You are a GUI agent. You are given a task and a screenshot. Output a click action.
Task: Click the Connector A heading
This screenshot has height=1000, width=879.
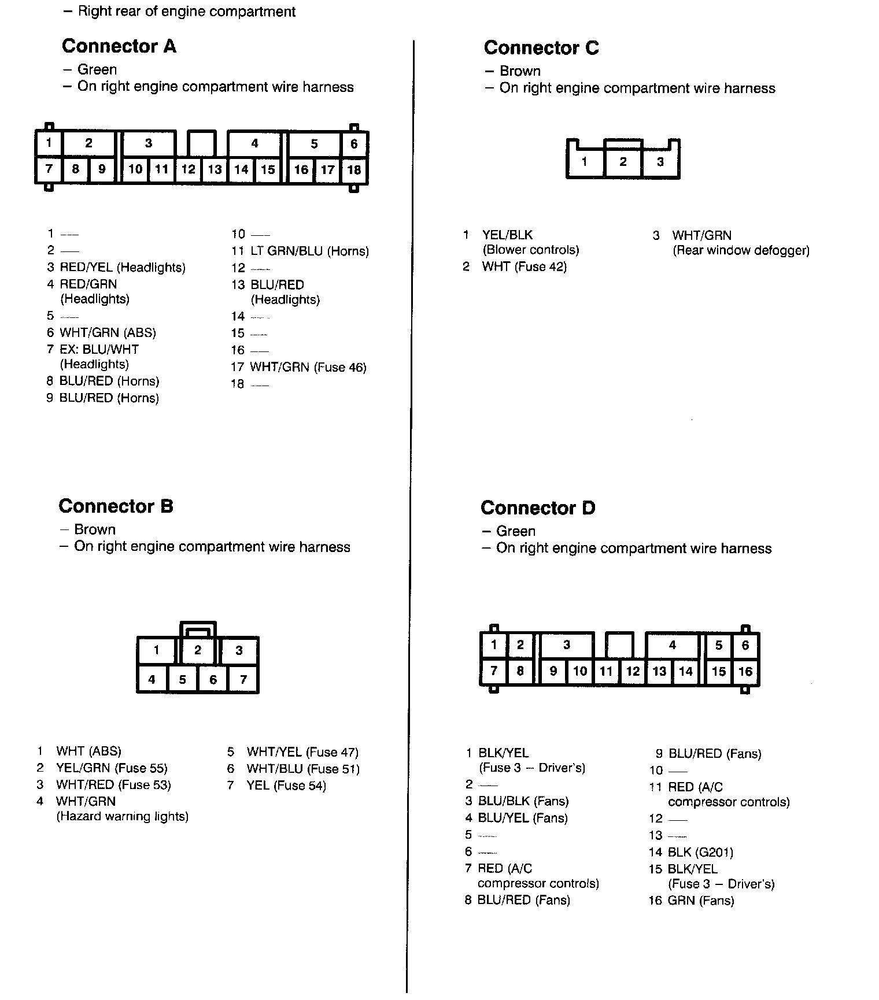point(119,46)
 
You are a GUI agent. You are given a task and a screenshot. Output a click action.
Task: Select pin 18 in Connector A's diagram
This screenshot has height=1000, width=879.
point(354,169)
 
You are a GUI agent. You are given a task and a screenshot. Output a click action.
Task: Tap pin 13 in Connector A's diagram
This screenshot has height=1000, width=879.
point(215,169)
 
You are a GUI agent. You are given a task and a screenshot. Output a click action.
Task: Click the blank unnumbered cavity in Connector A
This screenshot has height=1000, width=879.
point(202,143)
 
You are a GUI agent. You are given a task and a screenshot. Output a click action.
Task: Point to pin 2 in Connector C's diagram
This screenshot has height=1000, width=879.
point(623,162)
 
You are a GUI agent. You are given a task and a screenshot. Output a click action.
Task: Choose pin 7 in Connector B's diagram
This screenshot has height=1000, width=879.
point(243,679)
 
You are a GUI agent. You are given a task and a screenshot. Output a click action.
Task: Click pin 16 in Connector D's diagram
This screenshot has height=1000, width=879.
point(745,671)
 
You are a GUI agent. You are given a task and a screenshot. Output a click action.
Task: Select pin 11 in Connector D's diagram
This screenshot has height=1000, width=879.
point(606,671)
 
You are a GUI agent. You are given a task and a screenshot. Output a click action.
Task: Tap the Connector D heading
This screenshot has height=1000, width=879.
point(537,508)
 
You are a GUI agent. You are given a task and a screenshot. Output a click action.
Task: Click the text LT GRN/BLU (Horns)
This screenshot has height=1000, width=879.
point(309,251)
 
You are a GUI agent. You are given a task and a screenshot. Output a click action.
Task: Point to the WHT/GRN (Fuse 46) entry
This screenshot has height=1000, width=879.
point(308,368)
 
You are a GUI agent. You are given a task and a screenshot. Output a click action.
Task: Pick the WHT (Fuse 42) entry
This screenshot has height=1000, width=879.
point(524,267)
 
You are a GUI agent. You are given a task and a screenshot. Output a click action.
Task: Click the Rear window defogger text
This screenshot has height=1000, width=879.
point(741,251)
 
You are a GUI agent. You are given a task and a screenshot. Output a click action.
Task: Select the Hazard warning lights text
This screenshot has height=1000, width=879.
point(122,817)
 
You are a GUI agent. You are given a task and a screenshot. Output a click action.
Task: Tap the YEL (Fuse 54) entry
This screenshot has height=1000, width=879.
point(286,786)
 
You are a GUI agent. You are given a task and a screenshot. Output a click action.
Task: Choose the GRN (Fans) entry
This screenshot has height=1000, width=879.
point(701,901)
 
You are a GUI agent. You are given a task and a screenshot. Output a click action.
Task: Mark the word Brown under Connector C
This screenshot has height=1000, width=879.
point(520,71)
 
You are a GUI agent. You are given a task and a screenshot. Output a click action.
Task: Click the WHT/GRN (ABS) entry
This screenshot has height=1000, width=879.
point(108,333)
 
